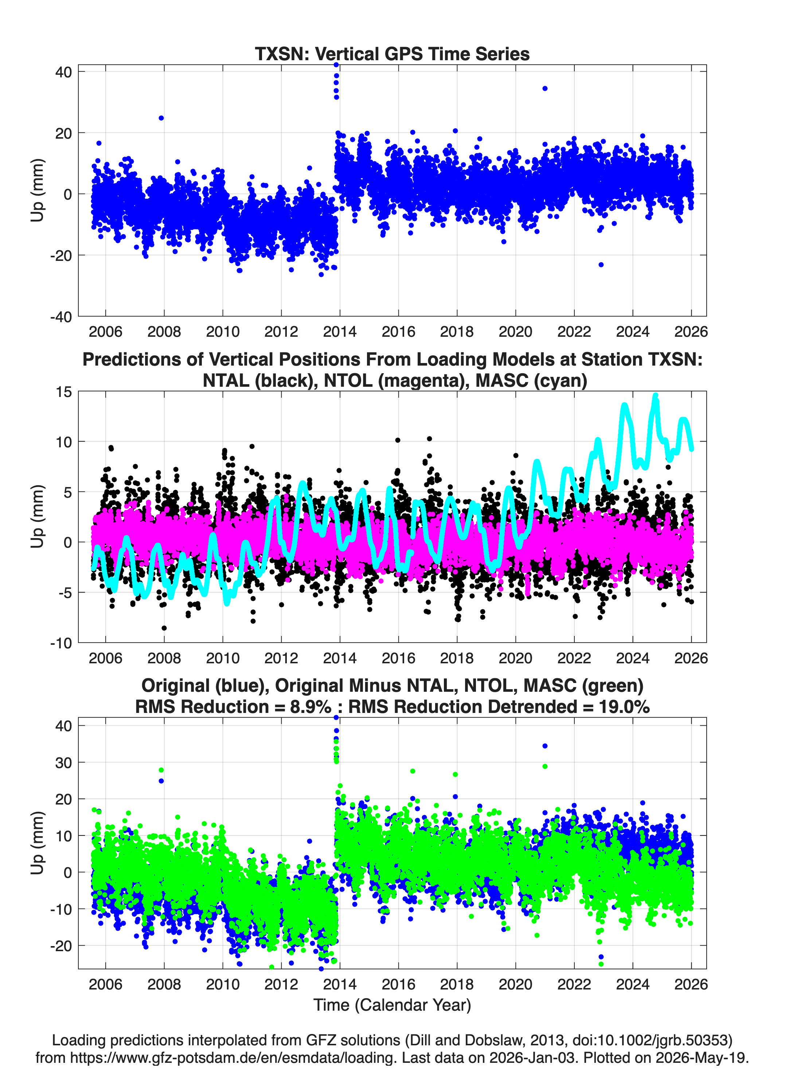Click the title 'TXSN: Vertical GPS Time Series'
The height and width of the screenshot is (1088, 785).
coord(392,54)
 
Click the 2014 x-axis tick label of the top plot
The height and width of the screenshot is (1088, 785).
coord(340,332)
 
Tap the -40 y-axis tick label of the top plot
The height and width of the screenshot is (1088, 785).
coord(61,317)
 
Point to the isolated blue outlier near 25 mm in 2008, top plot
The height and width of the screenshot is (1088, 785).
coord(161,118)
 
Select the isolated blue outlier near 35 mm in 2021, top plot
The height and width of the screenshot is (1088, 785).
coord(545,88)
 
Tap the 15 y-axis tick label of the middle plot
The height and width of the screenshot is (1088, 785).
coord(64,392)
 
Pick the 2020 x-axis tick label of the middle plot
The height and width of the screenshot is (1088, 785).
coord(516,658)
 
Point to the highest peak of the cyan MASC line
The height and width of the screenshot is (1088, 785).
coord(656,395)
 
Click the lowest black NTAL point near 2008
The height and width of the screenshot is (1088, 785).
coord(164,628)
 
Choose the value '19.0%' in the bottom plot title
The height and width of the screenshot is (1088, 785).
coord(624,707)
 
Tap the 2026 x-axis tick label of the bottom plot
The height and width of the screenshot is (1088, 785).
coord(691,984)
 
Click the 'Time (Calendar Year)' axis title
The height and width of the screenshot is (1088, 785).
coord(392,1005)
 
